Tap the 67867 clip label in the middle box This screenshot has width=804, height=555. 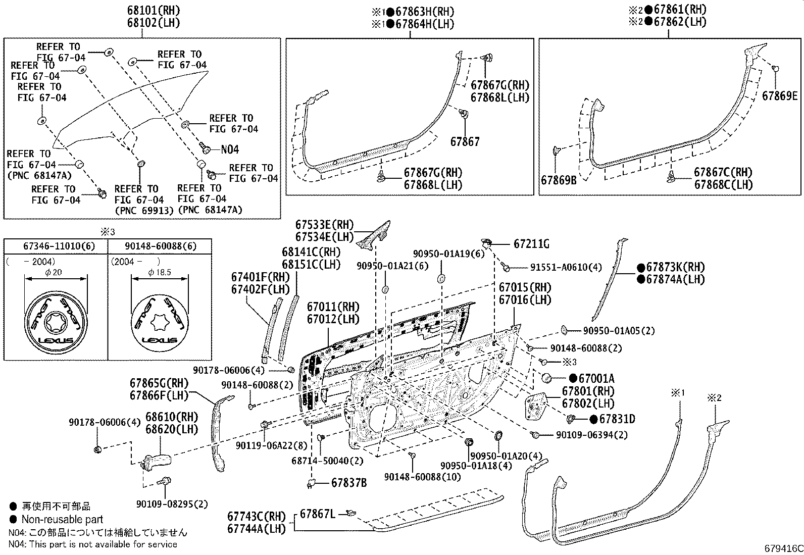[x=465, y=142]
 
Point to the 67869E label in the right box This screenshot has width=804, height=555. [x=779, y=95]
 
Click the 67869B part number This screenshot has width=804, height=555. [x=558, y=180]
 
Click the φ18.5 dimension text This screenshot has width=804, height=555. [x=159, y=272]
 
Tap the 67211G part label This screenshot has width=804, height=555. [x=531, y=244]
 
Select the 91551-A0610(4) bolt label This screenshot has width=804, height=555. [x=566, y=267]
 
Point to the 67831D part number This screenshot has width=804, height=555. [x=613, y=419]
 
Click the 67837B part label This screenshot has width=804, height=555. [x=349, y=483]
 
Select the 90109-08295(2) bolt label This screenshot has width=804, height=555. [x=172, y=504]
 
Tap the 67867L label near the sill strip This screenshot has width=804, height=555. [x=317, y=514]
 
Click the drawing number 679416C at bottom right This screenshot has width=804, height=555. [x=782, y=548]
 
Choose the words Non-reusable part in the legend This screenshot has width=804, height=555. [x=62, y=519]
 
